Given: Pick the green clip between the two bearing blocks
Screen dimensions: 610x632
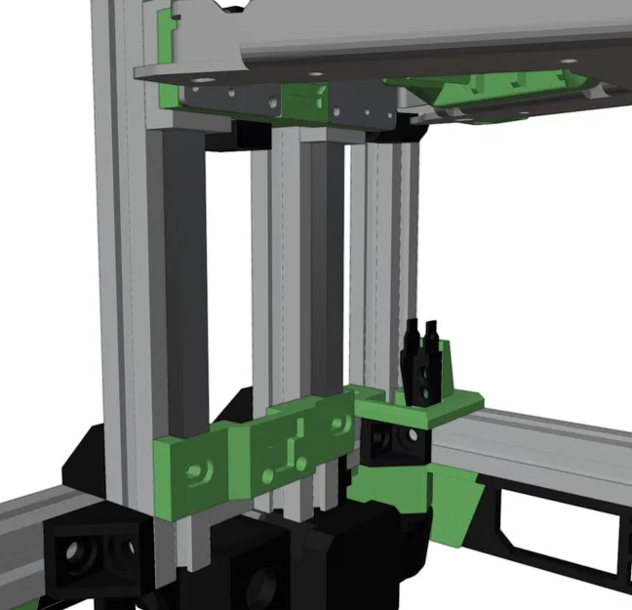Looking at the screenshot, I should [x=304, y=97].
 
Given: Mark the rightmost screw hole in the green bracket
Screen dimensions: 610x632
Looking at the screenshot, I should [x=339, y=425].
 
